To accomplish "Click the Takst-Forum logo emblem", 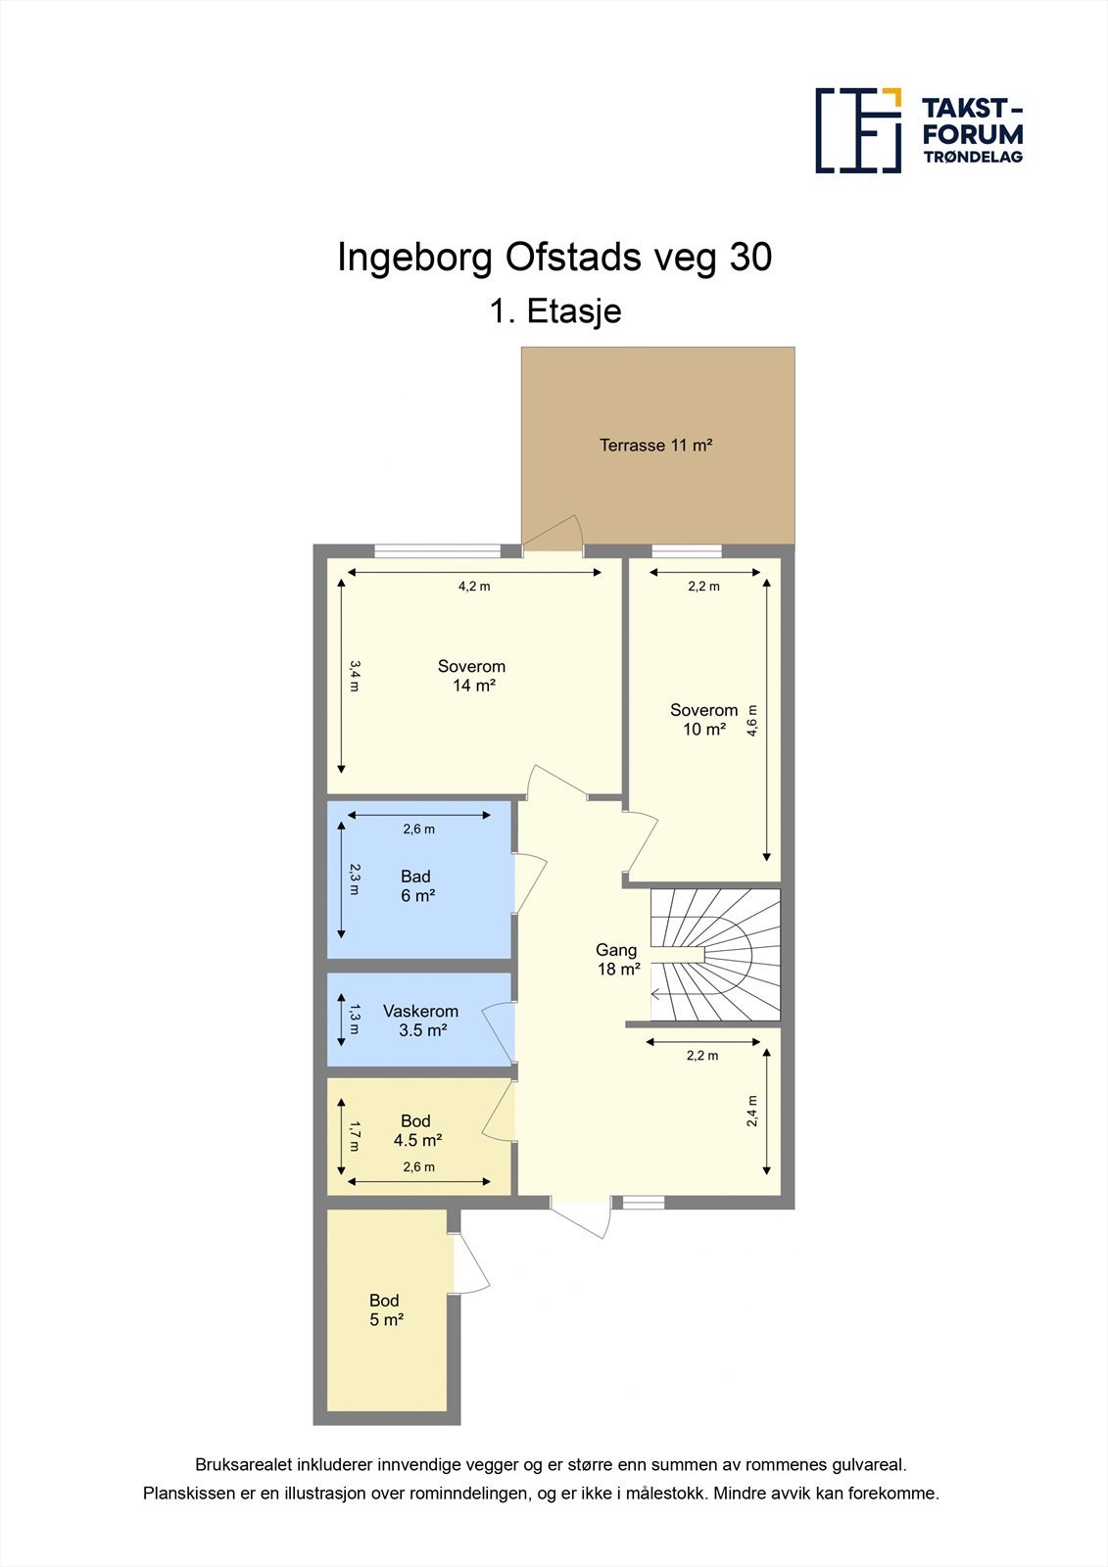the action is pyautogui.click(x=858, y=131).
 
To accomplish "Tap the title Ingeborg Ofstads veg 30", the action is pyautogui.click(x=554, y=258).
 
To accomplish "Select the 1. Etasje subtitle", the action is pyautogui.click(x=555, y=311).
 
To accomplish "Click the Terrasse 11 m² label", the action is pyautogui.click(x=655, y=445).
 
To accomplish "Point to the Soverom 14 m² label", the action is pyautogui.click(x=472, y=676).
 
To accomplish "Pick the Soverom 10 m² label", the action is pyautogui.click(x=703, y=720).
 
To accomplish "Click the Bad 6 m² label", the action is pyautogui.click(x=417, y=885).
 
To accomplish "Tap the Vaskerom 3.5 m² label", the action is pyautogui.click(x=421, y=1020).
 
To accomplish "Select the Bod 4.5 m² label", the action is pyautogui.click(x=417, y=1130).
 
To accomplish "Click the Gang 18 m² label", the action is pyautogui.click(x=617, y=959).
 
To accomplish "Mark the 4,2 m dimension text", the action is pyautogui.click(x=474, y=587).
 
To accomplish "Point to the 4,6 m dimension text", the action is pyautogui.click(x=751, y=721).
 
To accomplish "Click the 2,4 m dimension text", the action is pyautogui.click(x=751, y=1111).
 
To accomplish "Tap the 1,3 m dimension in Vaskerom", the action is pyautogui.click(x=355, y=1019).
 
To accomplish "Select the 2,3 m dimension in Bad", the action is pyautogui.click(x=355, y=880).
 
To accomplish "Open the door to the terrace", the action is pyautogui.click(x=554, y=534).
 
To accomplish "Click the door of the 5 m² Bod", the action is pyautogui.click(x=470, y=1261).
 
